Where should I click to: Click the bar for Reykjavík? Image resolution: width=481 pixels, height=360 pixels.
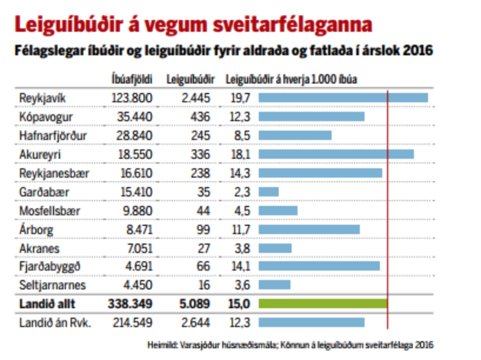(343, 98)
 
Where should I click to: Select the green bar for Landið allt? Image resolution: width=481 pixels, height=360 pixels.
(323, 304)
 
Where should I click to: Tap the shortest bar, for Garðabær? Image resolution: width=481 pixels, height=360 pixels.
(269, 192)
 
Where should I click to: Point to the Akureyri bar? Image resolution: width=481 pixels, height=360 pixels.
(336, 155)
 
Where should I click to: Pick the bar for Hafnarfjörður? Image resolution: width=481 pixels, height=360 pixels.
(295, 136)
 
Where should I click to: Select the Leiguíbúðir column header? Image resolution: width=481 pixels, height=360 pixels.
(190, 79)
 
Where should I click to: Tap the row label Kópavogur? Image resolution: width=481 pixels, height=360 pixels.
(46, 117)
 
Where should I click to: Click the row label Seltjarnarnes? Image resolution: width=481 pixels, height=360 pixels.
(52, 285)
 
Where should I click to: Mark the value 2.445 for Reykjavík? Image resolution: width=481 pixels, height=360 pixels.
(196, 98)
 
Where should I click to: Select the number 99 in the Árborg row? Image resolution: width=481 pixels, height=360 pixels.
(203, 229)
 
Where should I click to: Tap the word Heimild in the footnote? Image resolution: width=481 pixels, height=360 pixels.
(160, 345)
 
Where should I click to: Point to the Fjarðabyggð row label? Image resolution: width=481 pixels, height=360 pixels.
(49, 266)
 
